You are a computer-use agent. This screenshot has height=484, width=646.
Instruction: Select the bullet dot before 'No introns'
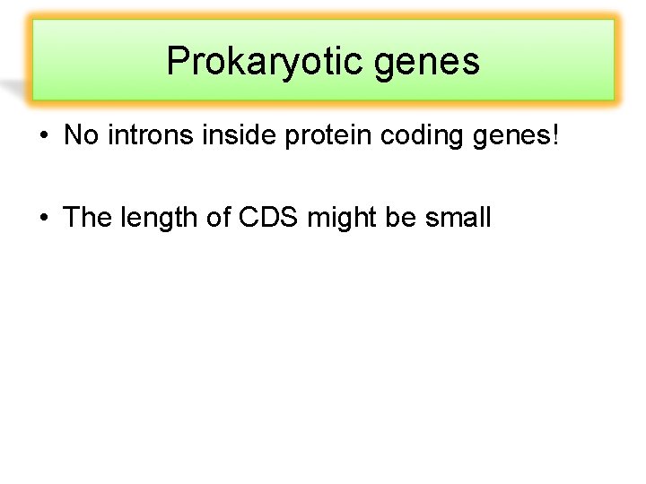[43, 136]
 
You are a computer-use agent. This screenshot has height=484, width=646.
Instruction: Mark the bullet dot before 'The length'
[43, 217]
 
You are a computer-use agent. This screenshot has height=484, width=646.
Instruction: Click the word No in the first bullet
[80, 136]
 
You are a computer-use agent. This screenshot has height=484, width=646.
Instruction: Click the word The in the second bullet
[87, 217]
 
